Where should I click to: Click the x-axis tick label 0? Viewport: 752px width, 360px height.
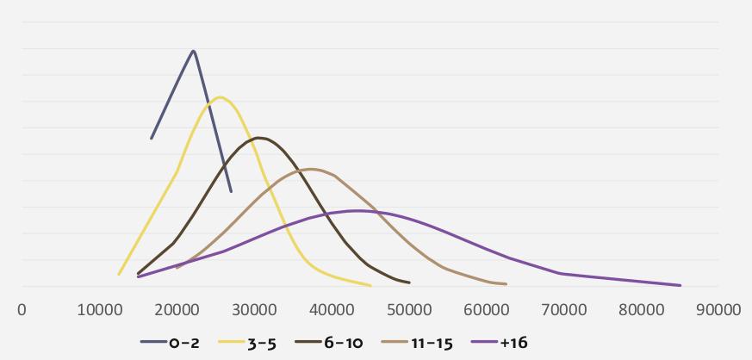22,310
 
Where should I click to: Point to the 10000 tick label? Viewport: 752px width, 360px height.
99,310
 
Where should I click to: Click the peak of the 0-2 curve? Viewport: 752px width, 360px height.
194,51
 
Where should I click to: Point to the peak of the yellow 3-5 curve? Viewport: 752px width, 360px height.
221,96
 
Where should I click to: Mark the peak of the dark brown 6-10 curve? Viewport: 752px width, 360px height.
258,138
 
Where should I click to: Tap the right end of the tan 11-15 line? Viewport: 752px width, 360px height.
506,284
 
